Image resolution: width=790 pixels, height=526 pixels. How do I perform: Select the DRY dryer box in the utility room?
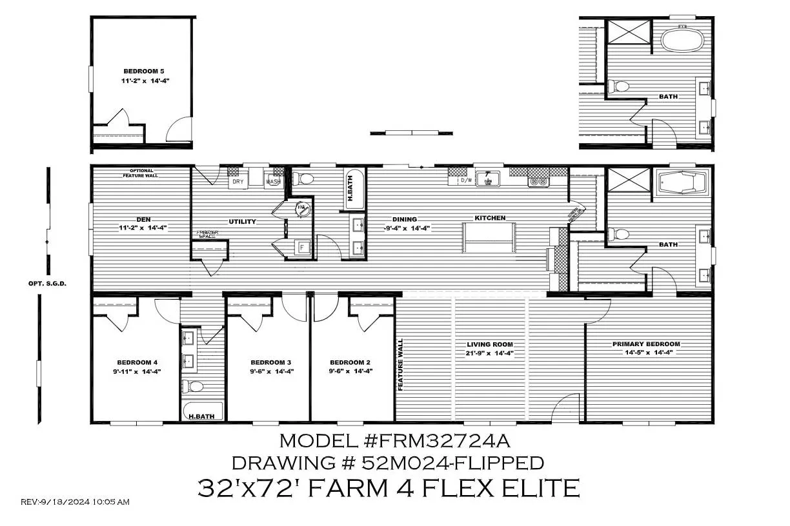[237, 181]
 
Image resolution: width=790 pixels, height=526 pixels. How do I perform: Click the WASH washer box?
[273, 182]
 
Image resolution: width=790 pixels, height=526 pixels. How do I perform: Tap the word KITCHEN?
[491, 218]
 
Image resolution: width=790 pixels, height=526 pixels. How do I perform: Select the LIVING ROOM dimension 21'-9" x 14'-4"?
[485, 353]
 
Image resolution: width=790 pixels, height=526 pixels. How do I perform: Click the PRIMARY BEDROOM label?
[646, 344]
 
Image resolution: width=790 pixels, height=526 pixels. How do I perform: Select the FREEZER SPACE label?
[208, 235]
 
